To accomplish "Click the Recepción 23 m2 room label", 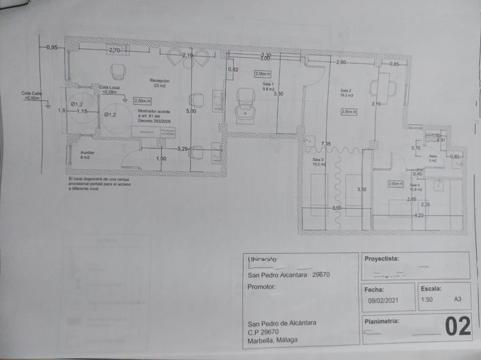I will (x=160, y=83).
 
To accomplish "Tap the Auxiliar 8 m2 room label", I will (x=88, y=155).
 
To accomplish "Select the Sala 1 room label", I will (x=268, y=86).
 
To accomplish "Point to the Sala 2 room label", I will (x=346, y=93).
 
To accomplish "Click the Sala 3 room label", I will (x=319, y=162).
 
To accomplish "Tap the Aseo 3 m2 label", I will (x=433, y=158).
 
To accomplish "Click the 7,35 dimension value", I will (x=326, y=144).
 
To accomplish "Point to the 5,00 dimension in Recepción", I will (x=191, y=111).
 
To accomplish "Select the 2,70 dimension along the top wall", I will (x=115, y=50).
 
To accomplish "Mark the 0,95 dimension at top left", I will (x=52, y=48).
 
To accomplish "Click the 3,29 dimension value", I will (x=182, y=148).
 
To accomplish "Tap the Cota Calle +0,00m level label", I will (x=32, y=95).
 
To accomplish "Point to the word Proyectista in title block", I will (x=382, y=260).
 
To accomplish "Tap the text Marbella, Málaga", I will (x=273, y=341).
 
